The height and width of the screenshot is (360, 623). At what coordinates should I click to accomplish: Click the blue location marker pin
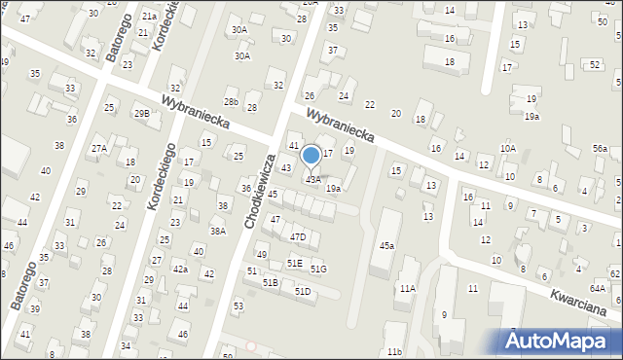pyautogui.click(x=311, y=156)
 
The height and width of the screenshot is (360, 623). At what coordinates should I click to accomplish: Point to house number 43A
pyautogui.click(x=313, y=179)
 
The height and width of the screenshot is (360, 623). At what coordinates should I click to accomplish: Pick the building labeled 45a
pyautogui.click(x=386, y=246)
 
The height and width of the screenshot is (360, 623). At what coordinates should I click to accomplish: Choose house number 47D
pyautogui.click(x=298, y=236)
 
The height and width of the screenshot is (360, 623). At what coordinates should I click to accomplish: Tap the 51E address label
pyautogui.click(x=294, y=263)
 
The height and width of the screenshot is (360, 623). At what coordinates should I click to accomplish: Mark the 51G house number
pyautogui.click(x=318, y=269)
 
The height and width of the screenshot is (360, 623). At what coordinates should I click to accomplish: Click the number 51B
pyautogui.click(x=271, y=282)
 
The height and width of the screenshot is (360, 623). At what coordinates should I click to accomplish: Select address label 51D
pyautogui.click(x=303, y=291)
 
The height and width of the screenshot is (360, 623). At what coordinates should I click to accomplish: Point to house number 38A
pyautogui.click(x=218, y=232)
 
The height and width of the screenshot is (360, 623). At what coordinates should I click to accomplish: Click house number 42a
pyautogui.click(x=180, y=269)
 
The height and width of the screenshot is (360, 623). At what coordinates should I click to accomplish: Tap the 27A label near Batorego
pyautogui.click(x=99, y=149)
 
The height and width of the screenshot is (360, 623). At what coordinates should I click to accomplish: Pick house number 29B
pyautogui.click(x=142, y=114)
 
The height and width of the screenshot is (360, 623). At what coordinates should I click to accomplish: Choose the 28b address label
pyautogui.click(x=231, y=101)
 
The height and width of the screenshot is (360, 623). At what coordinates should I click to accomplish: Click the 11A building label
pyautogui.click(x=407, y=289)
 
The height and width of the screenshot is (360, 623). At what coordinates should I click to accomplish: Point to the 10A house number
pyautogui.click(x=508, y=148)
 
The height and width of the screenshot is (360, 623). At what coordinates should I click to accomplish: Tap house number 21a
pyautogui.click(x=148, y=17)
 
